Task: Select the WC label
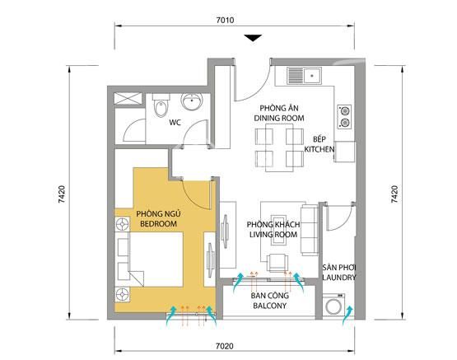click(x=175, y=123)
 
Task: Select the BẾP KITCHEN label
click(x=317, y=145)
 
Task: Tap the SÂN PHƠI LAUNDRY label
click(x=338, y=274)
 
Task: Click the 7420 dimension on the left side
click(x=63, y=195)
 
